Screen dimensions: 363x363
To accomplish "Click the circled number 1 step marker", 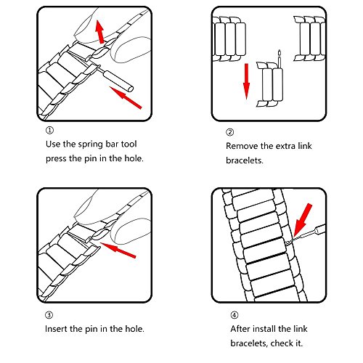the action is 49,131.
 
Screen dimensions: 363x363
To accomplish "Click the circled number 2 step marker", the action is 229,132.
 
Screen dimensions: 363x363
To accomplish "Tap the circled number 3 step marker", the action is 49,315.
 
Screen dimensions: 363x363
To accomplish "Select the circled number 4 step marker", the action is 234,315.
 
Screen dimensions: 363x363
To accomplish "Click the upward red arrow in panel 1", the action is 99,31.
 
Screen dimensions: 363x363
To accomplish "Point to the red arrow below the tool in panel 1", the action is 126,97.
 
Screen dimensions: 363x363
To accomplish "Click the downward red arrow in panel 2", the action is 246,81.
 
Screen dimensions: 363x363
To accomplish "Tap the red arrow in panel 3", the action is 118,250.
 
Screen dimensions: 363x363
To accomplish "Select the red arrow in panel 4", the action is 302,220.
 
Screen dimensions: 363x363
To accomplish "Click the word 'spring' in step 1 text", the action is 88,144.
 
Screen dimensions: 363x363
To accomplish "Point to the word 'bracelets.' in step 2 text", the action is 245,160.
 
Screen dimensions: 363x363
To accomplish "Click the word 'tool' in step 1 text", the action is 129,144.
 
